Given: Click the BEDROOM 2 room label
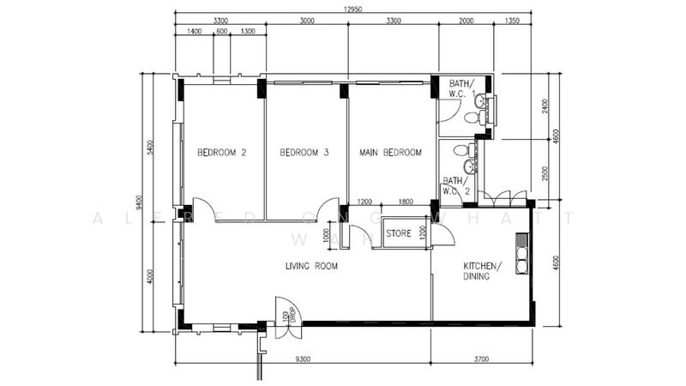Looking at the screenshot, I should pos(221,154).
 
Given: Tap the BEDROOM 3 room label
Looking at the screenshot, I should pos(304,154).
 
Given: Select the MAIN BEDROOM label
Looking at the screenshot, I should pos(390,154).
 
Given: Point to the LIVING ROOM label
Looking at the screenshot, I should pos(311,267).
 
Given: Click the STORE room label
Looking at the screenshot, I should pos(400,233).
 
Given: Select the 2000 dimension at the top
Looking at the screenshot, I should pos(466,21).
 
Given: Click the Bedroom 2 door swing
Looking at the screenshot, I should pos(202,208).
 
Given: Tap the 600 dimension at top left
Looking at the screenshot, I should pos(222,32).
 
